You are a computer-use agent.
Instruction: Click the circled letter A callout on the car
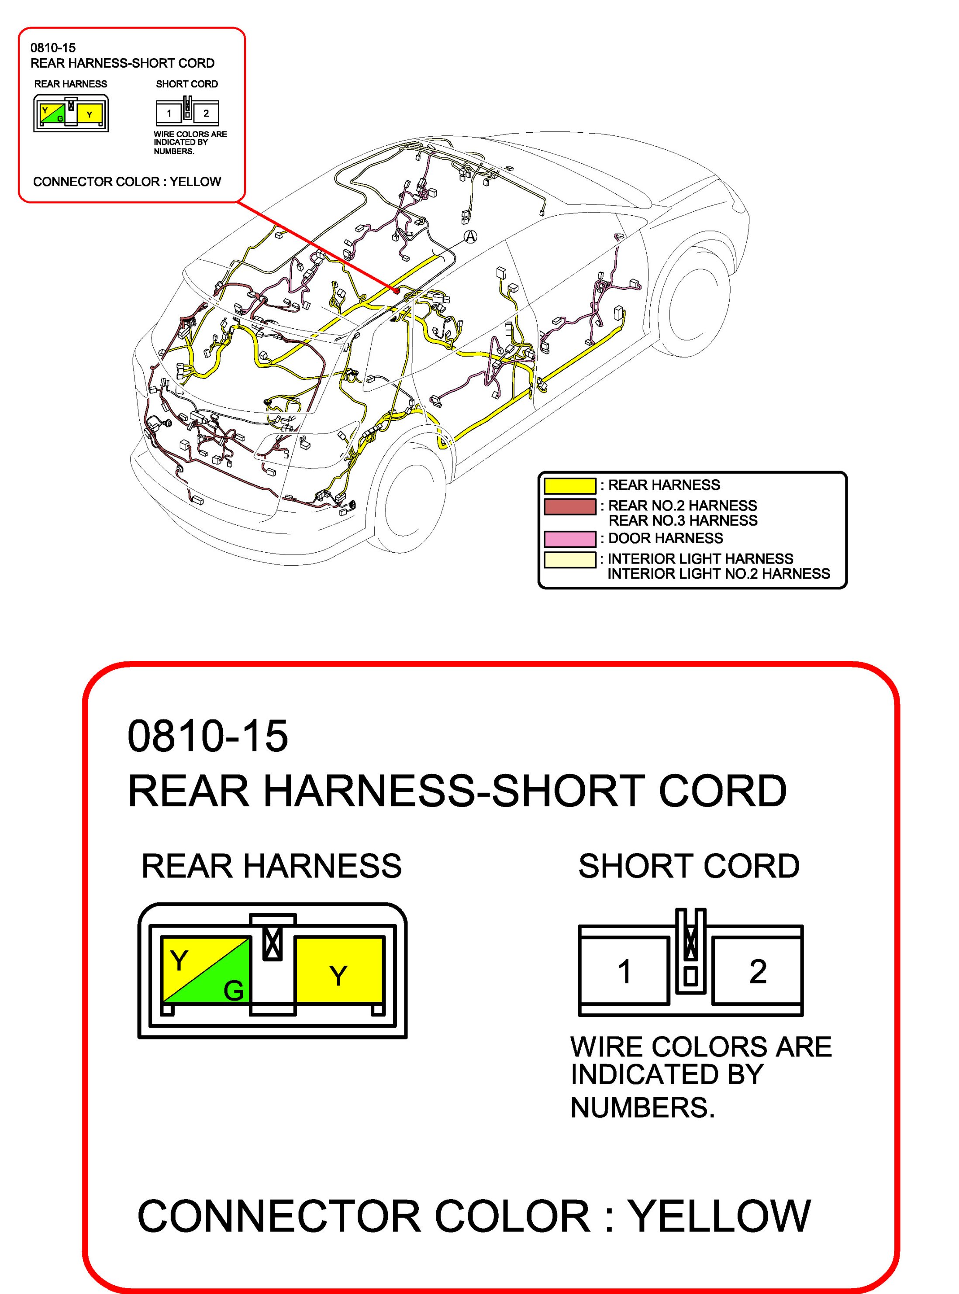coord(471,236)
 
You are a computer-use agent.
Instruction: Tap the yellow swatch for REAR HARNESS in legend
coord(569,485)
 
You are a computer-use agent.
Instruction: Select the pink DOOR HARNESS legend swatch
coord(569,538)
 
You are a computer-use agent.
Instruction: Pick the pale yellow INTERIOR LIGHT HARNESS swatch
coord(569,559)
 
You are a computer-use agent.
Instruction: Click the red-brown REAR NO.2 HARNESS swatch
coord(569,506)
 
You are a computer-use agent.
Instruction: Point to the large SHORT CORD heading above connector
coord(689,866)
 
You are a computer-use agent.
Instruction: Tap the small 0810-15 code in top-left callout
coord(53,48)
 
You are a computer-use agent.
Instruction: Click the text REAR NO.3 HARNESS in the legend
coord(683,520)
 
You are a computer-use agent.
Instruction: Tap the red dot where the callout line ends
coord(396,289)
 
